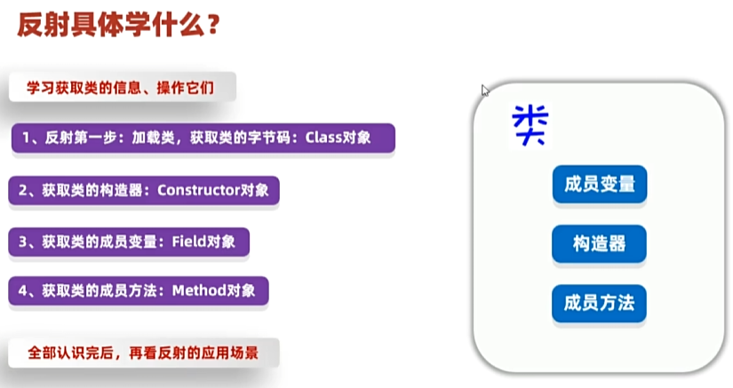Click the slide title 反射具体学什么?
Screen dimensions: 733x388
[x=118, y=25]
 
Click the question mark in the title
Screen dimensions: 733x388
[x=212, y=25]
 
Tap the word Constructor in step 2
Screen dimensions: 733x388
[x=199, y=190]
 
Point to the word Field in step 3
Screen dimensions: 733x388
[x=189, y=242]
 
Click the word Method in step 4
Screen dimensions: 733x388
[x=199, y=290]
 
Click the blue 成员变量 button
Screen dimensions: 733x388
[x=600, y=184]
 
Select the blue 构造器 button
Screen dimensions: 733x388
[x=600, y=244]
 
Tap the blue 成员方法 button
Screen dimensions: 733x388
[x=600, y=304]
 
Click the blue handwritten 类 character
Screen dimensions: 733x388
[x=530, y=124]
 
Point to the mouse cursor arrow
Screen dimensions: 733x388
[x=485, y=90]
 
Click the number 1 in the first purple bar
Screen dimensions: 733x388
[x=26, y=138]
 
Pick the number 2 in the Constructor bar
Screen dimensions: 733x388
[x=23, y=191]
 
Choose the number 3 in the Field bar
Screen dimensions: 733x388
[x=23, y=242]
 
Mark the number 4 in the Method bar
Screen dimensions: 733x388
[x=23, y=291]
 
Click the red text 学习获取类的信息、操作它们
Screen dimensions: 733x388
[x=120, y=87]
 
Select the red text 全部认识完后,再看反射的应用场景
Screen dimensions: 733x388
[x=143, y=352]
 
